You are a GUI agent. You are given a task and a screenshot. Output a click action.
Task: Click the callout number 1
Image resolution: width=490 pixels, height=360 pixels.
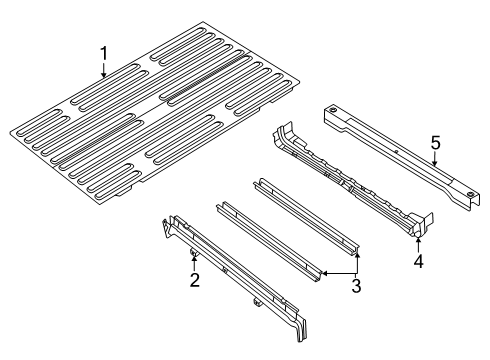point(102,52)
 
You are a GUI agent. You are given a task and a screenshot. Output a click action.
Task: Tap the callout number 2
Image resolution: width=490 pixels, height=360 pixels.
point(195,279)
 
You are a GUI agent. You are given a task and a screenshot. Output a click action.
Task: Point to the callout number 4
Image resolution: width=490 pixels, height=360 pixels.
point(419,263)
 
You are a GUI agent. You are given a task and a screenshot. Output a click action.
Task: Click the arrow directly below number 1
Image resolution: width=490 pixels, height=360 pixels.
point(102,70)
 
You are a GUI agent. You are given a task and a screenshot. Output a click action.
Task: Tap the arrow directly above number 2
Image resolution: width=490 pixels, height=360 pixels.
point(192,263)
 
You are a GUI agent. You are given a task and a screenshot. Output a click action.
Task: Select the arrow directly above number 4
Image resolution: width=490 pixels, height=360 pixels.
point(418,245)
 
